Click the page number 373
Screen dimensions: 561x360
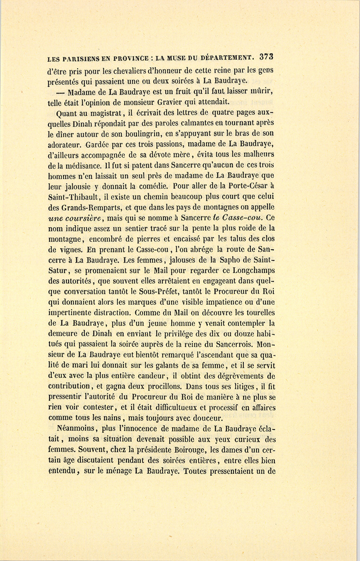[x=266, y=56]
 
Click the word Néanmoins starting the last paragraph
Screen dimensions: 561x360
[x=76, y=429]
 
